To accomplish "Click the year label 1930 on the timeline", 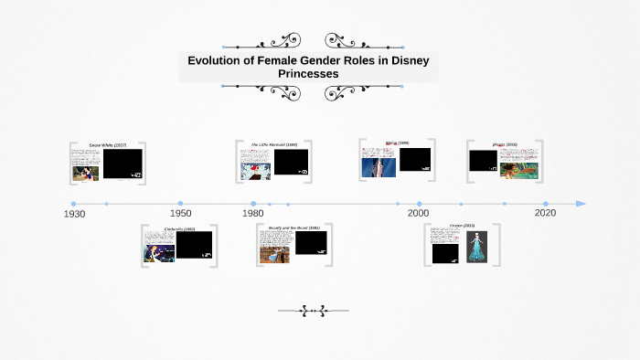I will point(74,214).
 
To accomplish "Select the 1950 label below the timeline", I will point(180,213).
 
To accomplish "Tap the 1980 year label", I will point(252,213).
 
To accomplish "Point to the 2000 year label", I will point(418,213).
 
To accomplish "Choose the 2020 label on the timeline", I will point(545,213).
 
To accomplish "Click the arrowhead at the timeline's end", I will point(581,204).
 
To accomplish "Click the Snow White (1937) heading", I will point(108,145).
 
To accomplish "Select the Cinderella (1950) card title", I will point(179,228).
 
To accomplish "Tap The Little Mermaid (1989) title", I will point(274,145).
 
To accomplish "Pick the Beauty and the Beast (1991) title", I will point(294,228).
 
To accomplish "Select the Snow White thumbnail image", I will point(86,173).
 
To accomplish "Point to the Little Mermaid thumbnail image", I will point(256,171).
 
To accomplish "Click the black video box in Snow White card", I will point(123,163).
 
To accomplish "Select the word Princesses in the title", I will point(308,73).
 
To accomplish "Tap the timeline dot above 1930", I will point(73,204).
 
